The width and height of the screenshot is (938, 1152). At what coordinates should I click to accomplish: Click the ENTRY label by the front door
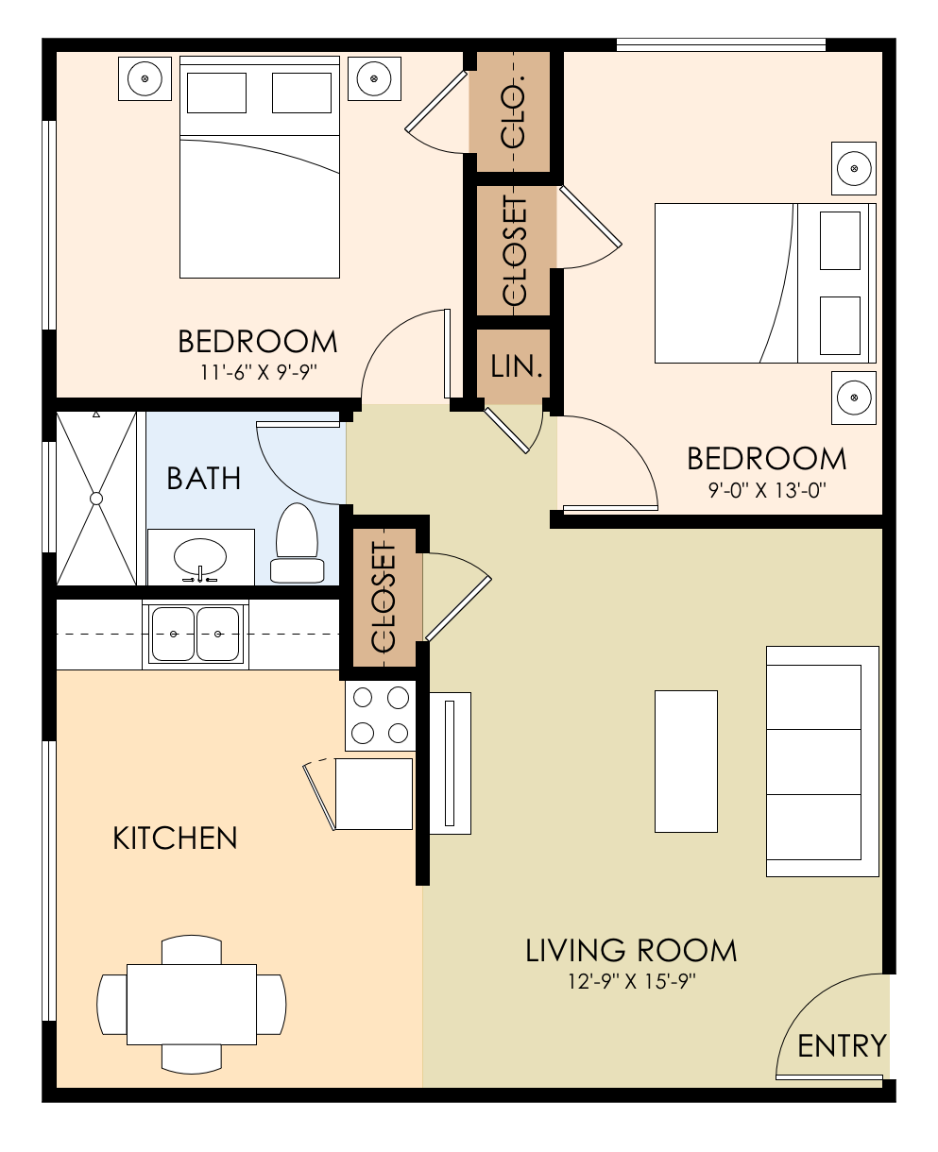842,1045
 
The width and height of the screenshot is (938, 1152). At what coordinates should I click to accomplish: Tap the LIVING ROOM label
631,950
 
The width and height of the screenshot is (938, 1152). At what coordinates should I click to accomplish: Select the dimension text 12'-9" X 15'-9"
631,982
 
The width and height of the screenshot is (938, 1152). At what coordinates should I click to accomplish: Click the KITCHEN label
175,838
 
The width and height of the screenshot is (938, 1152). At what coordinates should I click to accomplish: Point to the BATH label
203,479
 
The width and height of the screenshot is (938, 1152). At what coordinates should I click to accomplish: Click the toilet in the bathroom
296,545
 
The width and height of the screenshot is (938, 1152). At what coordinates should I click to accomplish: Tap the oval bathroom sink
200,557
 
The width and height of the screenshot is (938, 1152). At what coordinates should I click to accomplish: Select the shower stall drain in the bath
95,498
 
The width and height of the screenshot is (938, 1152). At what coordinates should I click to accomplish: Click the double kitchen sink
196,634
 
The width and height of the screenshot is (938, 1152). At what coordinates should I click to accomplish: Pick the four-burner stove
380,715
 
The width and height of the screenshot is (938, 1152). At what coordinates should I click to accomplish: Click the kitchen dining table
192,1004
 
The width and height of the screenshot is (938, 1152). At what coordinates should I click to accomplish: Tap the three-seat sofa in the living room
822,761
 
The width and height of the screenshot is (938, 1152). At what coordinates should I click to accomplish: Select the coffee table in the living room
686,761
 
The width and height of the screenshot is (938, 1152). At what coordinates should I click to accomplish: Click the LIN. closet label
516,366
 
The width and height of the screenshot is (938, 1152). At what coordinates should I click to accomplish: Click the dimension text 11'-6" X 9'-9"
258,371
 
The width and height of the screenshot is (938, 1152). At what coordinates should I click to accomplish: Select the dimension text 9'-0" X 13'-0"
766,490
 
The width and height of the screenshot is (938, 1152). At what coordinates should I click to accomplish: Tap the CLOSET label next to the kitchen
384,598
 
